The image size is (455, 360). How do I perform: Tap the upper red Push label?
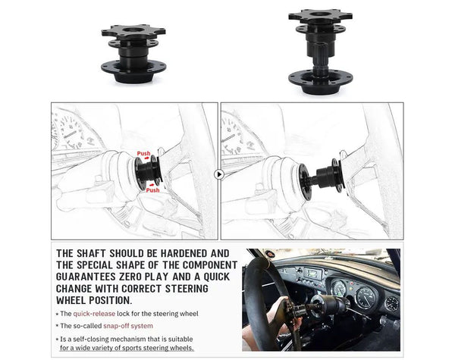click(x=143, y=154)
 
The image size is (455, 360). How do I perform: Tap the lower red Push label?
click(x=152, y=190)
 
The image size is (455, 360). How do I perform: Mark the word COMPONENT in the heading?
click(x=199, y=265)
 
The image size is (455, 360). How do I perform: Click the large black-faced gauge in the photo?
click(x=365, y=292)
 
